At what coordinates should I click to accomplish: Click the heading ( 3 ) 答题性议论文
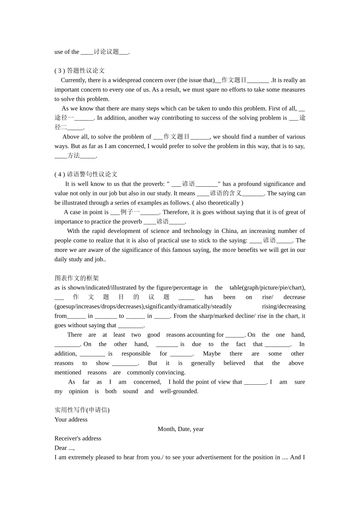click(80, 70)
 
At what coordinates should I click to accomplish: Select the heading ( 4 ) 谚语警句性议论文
click(86, 174)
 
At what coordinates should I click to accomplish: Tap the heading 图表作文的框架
click(77, 278)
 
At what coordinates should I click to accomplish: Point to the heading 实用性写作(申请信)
click(82, 410)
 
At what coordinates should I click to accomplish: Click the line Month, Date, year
click(181, 429)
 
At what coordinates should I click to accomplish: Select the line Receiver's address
click(78, 439)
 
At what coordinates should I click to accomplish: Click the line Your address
click(71, 420)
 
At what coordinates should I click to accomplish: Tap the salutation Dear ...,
click(64, 448)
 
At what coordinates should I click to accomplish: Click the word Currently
click(73, 80)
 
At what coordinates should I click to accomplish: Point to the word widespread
click(128, 80)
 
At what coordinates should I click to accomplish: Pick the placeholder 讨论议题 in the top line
click(106, 52)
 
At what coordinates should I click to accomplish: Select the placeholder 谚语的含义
click(225, 193)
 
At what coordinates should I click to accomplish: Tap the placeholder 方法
click(74, 155)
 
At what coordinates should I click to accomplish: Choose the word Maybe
click(211, 354)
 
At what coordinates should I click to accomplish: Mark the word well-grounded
click(178, 391)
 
